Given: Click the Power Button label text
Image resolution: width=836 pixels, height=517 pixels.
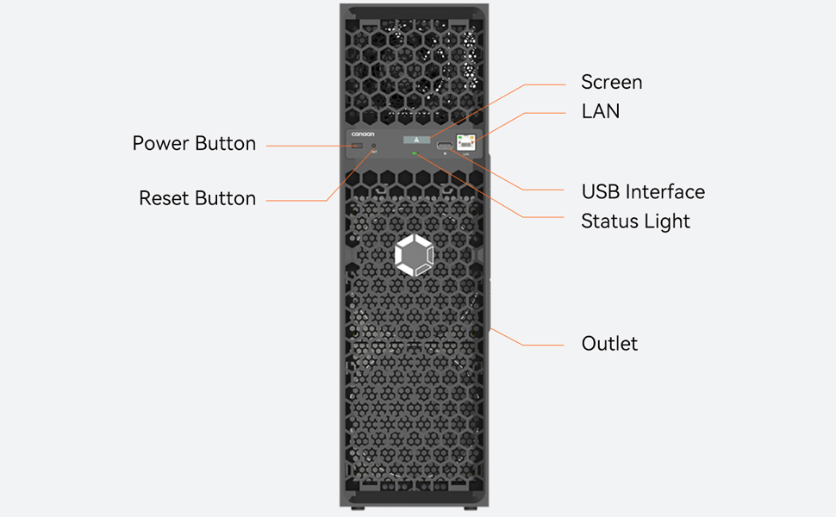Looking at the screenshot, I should tap(194, 144).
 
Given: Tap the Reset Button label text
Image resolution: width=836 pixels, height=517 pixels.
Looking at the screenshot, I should tap(197, 199).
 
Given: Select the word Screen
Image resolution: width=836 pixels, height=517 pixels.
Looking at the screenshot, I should tap(612, 83).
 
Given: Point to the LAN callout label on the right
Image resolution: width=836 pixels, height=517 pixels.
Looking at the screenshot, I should tap(601, 111).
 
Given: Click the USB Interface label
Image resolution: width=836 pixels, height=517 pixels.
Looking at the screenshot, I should tap(643, 192).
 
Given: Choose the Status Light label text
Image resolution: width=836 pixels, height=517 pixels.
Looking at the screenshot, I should tap(635, 221).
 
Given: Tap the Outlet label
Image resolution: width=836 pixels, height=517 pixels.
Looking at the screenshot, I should tap(609, 344).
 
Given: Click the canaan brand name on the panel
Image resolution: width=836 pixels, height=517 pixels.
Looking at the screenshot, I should tap(363, 134).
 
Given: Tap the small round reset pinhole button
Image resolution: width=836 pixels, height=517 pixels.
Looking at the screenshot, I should tap(374, 148).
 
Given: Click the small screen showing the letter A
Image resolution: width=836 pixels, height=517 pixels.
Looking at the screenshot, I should tap(416, 139).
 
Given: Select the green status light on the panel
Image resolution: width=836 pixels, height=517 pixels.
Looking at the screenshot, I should tap(415, 154).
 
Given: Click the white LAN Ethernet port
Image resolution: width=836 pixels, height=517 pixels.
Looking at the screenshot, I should tap(466, 143).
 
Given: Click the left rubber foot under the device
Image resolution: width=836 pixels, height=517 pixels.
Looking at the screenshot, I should tap(361, 509).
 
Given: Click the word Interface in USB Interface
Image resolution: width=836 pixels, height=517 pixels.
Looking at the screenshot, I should tap(664, 192).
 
